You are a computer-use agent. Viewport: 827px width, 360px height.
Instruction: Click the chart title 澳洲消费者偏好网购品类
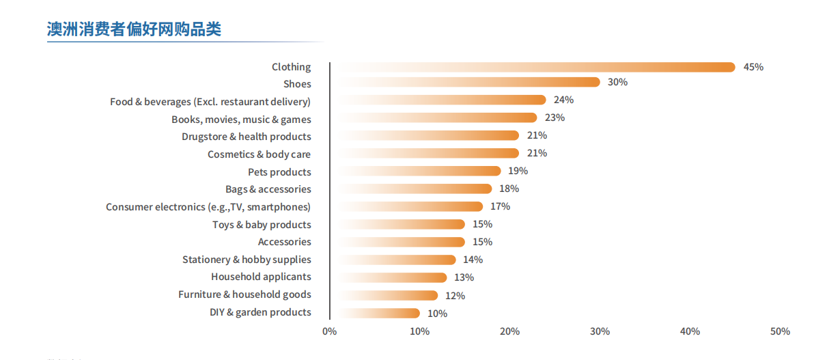(x=134, y=29)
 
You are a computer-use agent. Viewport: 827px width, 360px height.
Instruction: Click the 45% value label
(x=753, y=67)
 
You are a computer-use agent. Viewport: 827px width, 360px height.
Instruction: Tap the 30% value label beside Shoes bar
(x=617, y=82)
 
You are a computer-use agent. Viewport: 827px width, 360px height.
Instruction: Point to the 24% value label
(x=563, y=100)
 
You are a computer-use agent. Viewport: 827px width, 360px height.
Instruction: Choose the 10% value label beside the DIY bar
(x=437, y=314)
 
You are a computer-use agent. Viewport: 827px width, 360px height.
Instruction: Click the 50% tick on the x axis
(x=780, y=331)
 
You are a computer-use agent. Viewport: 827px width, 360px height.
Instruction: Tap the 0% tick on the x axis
(x=329, y=331)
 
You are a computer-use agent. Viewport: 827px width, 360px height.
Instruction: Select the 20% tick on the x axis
(x=509, y=331)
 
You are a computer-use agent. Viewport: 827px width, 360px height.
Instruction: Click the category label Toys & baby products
(x=262, y=225)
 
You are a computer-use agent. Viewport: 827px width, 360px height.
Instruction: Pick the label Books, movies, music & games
(x=241, y=120)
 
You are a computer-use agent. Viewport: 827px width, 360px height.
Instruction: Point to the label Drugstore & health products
(x=246, y=137)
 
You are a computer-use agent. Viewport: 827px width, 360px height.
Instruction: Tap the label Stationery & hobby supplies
(x=247, y=260)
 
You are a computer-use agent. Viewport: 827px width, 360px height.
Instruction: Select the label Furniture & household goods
(x=244, y=294)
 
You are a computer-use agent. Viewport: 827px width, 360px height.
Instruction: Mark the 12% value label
(x=455, y=296)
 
